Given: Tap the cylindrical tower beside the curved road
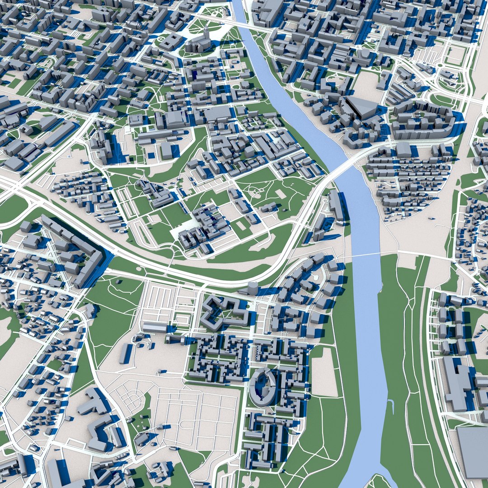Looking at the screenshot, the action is [253, 288].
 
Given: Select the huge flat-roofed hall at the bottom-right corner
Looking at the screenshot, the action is [473, 452].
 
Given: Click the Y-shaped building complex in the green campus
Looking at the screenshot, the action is [154, 192].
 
